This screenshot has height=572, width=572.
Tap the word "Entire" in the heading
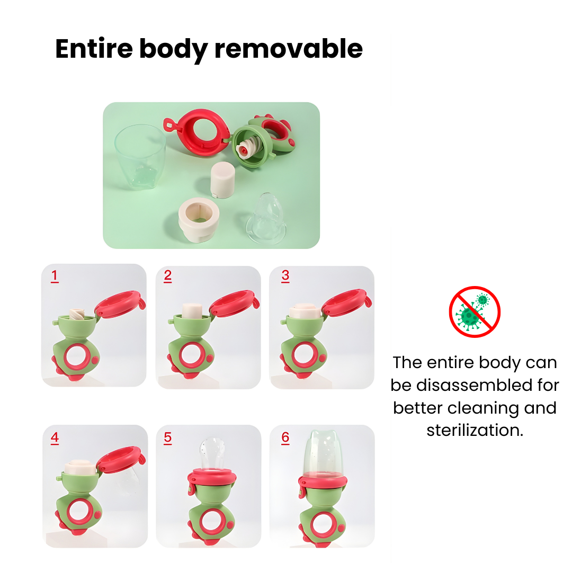(93, 49)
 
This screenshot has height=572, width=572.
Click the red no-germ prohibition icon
(475, 312)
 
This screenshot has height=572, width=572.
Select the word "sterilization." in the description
(475, 430)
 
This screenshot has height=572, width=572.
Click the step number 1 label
(54, 276)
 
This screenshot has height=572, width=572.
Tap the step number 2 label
(168, 276)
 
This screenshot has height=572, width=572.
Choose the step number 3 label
(285, 276)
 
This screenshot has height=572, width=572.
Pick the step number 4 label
(55, 438)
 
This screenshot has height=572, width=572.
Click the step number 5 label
(168, 438)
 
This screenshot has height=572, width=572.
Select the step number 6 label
(285, 438)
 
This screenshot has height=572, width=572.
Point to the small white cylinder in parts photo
(222, 180)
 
